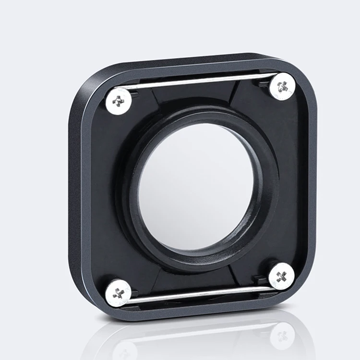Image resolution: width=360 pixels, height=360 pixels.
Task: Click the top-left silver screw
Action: [118, 100]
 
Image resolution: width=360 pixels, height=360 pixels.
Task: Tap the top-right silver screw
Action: [282, 86]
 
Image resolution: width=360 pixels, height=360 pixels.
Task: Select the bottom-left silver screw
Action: [118, 292]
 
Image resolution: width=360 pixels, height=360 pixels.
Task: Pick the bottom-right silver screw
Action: [281, 276]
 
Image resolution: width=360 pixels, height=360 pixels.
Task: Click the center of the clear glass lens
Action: [195, 187]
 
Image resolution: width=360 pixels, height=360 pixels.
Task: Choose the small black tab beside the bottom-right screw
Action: [262, 279]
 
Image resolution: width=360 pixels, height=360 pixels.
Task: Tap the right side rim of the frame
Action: [312, 182]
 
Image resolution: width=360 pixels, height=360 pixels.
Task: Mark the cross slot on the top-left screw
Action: [118, 101]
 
